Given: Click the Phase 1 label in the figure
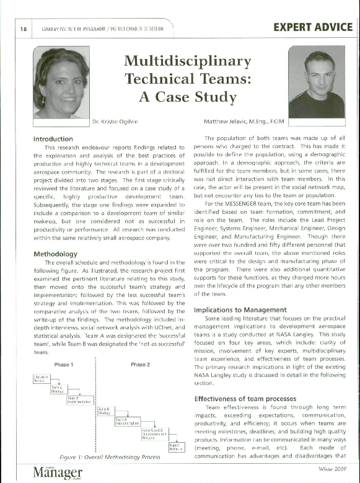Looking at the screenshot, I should [x=66, y=365].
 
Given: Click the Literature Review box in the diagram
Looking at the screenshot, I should [x=41, y=379].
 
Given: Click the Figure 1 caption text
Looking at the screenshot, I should [x=118, y=457].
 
